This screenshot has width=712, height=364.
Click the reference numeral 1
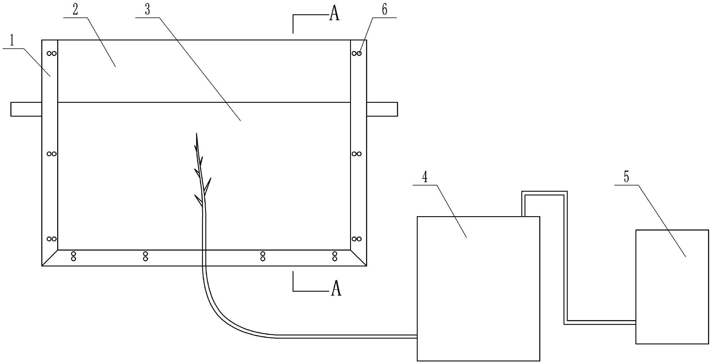[12, 41]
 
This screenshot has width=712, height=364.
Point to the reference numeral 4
[425, 177]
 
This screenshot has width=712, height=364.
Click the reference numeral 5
[626, 177]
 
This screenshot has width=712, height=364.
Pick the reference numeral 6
[384, 10]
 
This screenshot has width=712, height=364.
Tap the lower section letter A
[336, 289]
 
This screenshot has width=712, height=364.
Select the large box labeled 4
[478, 289]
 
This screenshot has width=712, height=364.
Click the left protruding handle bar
[26, 109]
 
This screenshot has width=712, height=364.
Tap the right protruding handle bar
[382, 109]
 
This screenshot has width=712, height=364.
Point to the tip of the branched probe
[197, 134]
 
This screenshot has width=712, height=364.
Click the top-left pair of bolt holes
[52, 53]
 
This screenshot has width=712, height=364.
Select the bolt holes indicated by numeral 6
[357, 53]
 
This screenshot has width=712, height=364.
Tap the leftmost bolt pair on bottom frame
[74, 256]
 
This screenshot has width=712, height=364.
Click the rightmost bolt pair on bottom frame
[335, 256]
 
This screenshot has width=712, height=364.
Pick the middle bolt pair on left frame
[52, 154]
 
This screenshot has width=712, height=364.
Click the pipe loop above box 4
[544, 193]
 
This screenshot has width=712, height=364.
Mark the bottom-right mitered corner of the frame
[359, 258]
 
